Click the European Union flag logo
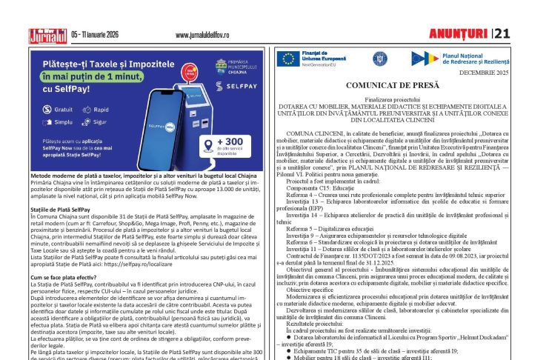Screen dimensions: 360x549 (x=288, y=58)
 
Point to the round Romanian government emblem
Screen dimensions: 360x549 (x=380, y=58)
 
